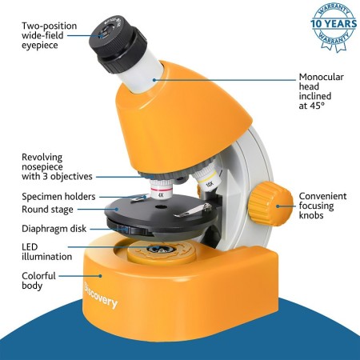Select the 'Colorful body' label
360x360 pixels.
click(38, 281)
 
